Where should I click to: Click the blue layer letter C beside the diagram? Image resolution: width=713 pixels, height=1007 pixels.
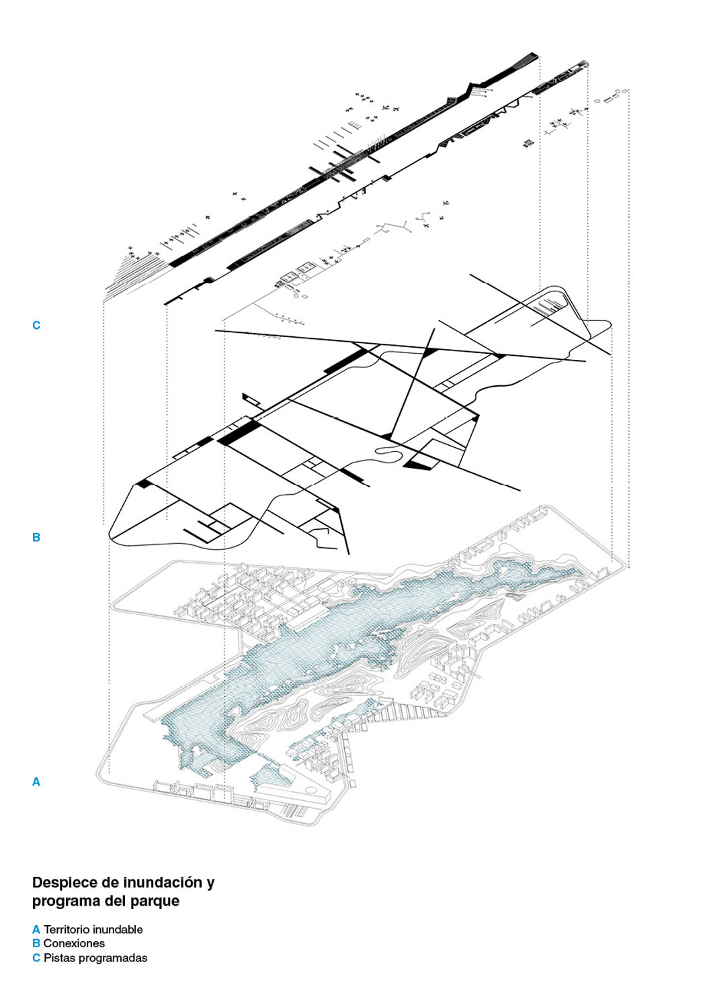pos(36,325)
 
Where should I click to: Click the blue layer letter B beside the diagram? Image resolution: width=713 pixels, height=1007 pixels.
pos(36,537)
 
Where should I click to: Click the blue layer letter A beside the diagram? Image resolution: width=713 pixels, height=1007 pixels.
pos(36,782)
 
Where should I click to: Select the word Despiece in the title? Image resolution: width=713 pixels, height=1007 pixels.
pos(65,883)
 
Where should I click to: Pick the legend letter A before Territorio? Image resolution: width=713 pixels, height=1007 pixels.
pos(36,930)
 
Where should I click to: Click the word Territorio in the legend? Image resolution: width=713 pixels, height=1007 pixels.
pos(67,930)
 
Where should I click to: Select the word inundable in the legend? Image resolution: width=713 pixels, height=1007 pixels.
pos(118,930)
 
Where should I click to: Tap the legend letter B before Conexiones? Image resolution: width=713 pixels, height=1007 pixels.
pos(36,943)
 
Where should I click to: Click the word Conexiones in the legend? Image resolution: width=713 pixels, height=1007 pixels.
pos(75,943)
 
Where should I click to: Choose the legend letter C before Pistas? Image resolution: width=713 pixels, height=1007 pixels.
pos(36,958)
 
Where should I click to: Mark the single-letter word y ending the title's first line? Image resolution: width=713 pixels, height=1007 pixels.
pos(210,884)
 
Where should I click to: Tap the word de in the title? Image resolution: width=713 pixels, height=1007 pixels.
pos(111,882)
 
